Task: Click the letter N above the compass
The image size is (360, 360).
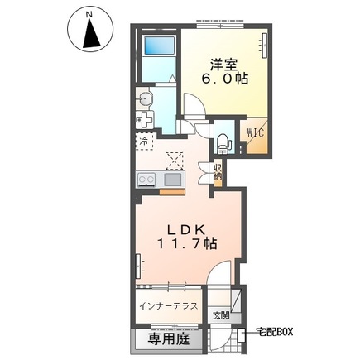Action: pyautogui.click(x=89, y=15)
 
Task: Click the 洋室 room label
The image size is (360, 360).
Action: pyautogui.click(x=223, y=66)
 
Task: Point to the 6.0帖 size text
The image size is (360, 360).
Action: pyautogui.click(x=225, y=79)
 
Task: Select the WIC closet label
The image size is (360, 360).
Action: pyautogui.click(x=256, y=133)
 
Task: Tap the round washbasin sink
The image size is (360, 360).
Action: pyautogui.click(x=145, y=98)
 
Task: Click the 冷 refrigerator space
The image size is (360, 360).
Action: pyautogui.click(x=144, y=142)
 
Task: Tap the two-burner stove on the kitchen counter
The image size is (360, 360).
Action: pyautogui.click(x=146, y=180)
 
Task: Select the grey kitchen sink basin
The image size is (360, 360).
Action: pyautogui.click(x=173, y=180)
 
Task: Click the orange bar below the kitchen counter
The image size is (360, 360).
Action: pyautogui.click(x=172, y=192)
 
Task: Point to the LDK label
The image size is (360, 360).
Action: pyautogui.click(x=186, y=230)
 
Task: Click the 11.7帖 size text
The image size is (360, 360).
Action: pyautogui.click(x=187, y=244)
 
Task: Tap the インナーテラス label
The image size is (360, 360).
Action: pyautogui.click(x=169, y=306)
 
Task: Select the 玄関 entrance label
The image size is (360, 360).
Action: pyautogui.click(x=221, y=315)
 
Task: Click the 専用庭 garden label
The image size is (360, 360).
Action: pyautogui.click(x=169, y=339)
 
